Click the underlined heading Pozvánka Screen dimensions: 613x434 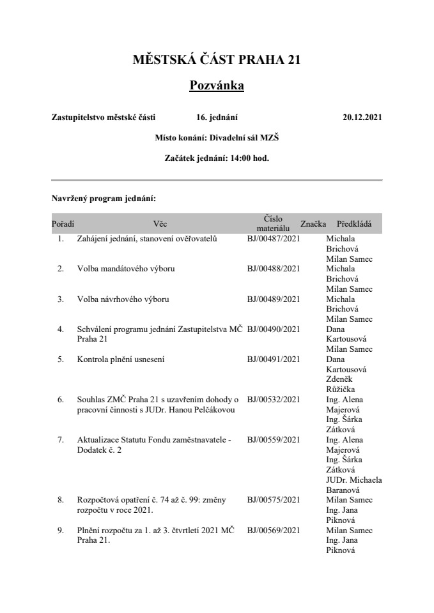pos(217,86)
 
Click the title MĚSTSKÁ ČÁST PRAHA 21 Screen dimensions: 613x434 pos(217,60)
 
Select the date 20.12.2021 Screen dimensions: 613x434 pos(362,117)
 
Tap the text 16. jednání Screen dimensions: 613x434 pos(217,117)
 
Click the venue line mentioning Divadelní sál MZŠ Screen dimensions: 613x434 pos(217,137)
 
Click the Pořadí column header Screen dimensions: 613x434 pos(62,224)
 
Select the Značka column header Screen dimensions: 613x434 pos(313,224)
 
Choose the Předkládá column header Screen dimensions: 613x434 pos(354,224)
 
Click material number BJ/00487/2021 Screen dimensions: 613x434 pos(274,239)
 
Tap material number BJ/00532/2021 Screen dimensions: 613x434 pos(274,400)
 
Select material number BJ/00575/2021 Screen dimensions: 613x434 pos(274,500)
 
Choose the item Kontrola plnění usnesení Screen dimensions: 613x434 pos(121,359)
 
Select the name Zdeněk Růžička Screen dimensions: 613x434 pos(341,384)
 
